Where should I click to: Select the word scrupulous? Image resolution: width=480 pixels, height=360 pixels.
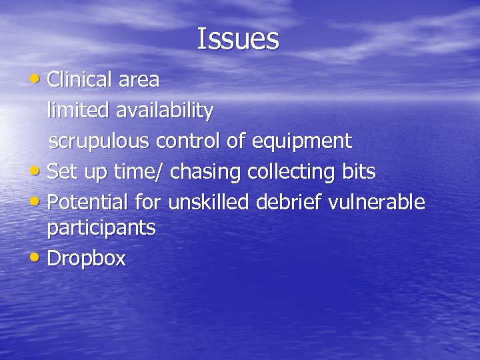point(101,142)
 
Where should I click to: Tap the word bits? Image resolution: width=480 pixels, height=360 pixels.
point(358,171)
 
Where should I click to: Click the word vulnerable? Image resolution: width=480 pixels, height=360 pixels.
point(384,201)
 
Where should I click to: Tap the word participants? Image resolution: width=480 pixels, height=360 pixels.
point(101,229)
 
